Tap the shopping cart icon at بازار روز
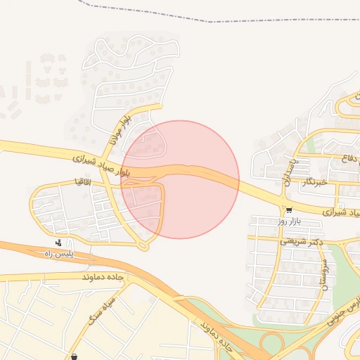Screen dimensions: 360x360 [x=289, y=210]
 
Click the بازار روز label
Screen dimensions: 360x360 [x=288, y=221]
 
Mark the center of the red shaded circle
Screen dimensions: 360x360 [x=180, y=179]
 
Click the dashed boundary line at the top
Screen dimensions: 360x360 [x=211, y=21]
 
